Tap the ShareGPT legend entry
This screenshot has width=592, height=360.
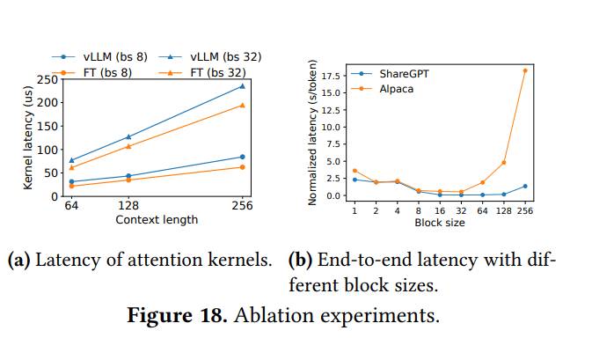pyautogui.click(x=403, y=75)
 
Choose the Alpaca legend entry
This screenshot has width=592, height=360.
pyautogui.click(x=397, y=89)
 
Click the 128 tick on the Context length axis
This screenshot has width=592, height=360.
pyautogui.click(x=128, y=206)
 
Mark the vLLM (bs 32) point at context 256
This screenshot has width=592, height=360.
pyautogui.click(x=242, y=86)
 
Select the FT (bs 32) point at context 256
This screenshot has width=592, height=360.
pyautogui.click(x=242, y=105)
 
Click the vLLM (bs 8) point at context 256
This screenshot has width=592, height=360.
pyautogui.click(x=242, y=157)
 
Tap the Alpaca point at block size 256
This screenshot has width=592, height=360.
pyautogui.click(x=525, y=70)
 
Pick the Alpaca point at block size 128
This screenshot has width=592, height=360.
pyautogui.click(x=504, y=162)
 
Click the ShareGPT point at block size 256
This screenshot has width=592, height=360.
pyautogui.click(x=525, y=186)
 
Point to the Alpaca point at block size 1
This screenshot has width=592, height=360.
pyautogui.click(x=354, y=171)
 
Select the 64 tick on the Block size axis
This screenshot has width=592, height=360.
pyautogui.click(x=482, y=210)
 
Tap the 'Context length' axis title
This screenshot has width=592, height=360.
pyautogui.click(x=157, y=219)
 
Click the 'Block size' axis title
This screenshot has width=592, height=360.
pyautogui.click(x=440, y=223)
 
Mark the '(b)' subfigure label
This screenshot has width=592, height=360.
pyautogui.click(x=301, y=261)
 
